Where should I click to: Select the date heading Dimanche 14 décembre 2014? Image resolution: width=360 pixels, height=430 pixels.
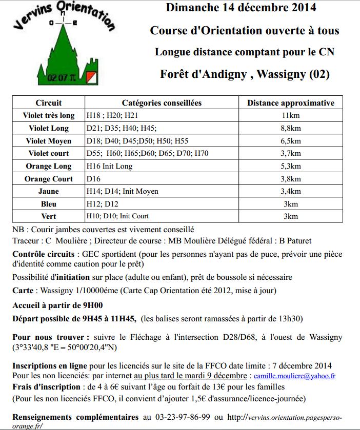point(241,8)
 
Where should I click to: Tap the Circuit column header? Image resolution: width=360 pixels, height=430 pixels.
point(49,103)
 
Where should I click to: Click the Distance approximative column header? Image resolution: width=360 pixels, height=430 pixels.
point(291,103)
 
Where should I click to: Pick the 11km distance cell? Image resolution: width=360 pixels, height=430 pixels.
point(291,115)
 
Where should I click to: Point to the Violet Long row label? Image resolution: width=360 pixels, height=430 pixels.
point(49,128)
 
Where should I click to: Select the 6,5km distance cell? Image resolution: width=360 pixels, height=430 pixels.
point(291,141)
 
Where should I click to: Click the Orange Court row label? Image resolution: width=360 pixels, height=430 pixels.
point(49,179)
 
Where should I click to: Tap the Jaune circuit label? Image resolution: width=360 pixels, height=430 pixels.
point(49,191)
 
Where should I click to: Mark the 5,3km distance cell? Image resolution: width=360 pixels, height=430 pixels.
point(291,166)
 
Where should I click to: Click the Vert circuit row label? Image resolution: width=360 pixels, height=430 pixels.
point(49,216)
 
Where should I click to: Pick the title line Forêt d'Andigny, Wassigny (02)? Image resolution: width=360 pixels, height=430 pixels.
point(245,74)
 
